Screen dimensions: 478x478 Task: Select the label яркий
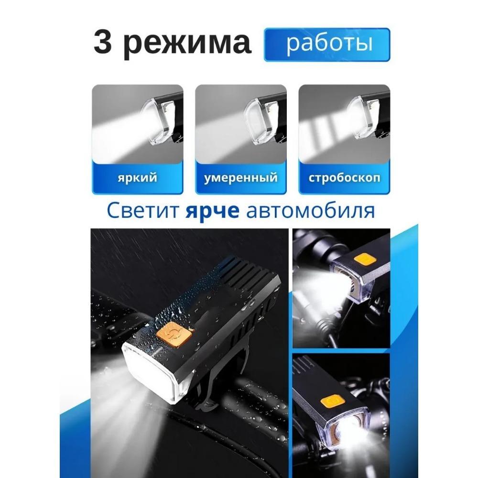(x=137, y=178)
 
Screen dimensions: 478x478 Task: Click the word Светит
(x=136, y=211)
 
